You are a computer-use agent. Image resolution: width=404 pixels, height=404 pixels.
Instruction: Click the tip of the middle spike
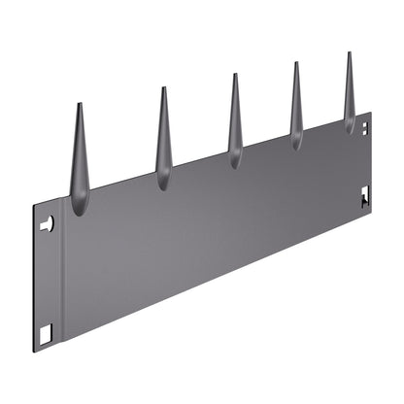pos(233,75)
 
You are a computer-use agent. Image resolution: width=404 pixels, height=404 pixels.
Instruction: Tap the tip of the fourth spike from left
pos(295,64)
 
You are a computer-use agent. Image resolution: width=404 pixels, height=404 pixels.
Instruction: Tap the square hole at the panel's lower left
pos(45,333)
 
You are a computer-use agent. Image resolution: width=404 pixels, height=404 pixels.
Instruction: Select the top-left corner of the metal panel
pos(34,207)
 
